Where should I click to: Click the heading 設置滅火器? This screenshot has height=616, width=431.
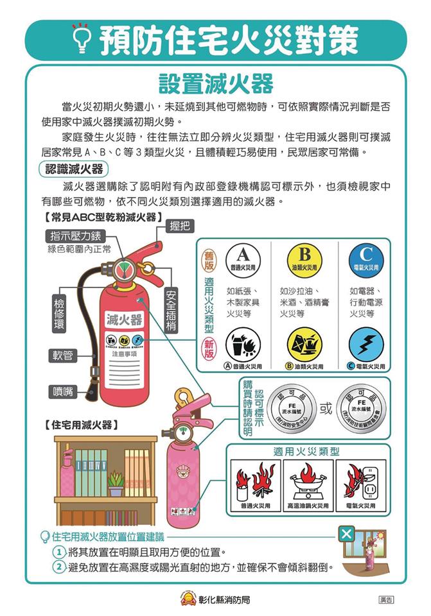[215, 83]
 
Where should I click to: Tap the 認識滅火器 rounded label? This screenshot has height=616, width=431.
[74, 169]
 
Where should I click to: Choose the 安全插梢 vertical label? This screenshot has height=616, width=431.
[172, 311]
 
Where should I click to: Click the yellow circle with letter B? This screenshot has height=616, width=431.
[304, 257]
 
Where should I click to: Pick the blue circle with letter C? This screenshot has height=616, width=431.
[367, 257]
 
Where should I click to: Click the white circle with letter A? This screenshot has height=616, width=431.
[242, 256]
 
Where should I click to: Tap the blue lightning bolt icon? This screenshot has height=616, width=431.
[366, 345]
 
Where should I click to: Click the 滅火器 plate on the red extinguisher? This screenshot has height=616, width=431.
[125, 319]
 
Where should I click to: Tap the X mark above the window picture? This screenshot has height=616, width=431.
[346, 534]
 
